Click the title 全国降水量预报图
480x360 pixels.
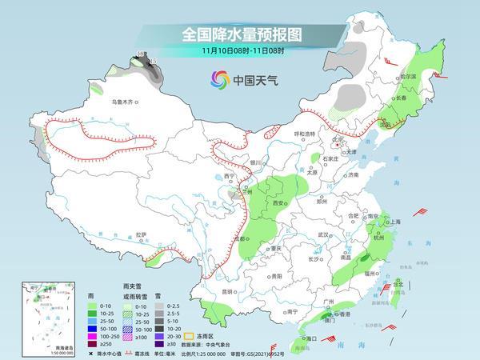239,34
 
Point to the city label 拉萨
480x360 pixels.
141,234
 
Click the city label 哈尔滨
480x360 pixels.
408,77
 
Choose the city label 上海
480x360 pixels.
394,222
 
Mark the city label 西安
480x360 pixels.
278,204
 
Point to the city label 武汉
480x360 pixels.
323,234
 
